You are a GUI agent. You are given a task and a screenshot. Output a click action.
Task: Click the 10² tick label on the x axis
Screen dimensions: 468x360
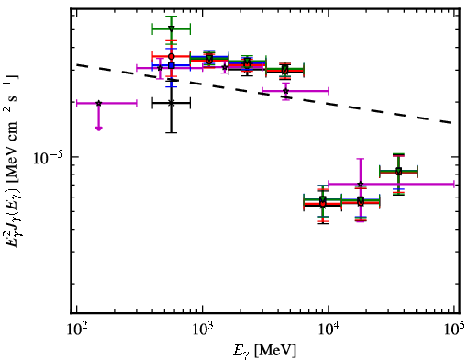click(76, 330)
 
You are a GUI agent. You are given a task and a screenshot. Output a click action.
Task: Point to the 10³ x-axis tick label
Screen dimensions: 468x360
click(202, 330)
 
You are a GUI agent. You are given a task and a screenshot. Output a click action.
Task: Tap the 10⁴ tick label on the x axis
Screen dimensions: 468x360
click(329, 330)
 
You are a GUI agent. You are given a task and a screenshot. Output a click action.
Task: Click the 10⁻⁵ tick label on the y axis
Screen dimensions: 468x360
click(48, 158)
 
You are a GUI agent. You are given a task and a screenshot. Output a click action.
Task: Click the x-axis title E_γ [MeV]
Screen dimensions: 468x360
click(264, 351)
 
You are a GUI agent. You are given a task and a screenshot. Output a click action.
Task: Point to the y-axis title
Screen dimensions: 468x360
click(11, 161)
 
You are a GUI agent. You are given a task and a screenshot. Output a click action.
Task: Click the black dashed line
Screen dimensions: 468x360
click(263, 94)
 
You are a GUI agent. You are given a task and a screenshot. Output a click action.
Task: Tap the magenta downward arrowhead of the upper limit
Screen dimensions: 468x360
click(98, 128)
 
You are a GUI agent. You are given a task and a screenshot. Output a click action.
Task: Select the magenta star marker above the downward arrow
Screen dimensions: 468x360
click(98, 103)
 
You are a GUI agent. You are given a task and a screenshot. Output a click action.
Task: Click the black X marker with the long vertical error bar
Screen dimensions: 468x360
click(172, 103)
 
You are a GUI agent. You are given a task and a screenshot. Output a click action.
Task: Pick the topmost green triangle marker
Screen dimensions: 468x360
click(172, 29)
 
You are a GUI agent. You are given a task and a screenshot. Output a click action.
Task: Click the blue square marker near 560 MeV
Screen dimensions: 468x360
click(172, 65)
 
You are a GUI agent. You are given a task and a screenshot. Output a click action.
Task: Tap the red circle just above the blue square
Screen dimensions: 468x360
click(172, 56)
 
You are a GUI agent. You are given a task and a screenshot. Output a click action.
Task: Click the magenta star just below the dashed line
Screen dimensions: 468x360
click(285, 91)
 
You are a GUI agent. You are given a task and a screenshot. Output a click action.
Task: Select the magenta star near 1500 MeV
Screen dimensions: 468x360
click(225, 67)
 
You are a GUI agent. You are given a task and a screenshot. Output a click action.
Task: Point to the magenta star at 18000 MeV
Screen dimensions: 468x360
click(361, 184)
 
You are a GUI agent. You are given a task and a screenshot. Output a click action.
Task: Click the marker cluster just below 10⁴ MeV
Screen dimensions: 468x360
click(323, 202)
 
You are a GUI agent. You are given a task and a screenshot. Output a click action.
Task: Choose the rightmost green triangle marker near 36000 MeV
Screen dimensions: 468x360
click(398, 171)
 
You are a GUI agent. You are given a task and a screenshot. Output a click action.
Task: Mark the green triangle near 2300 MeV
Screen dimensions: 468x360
click(247, 62)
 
